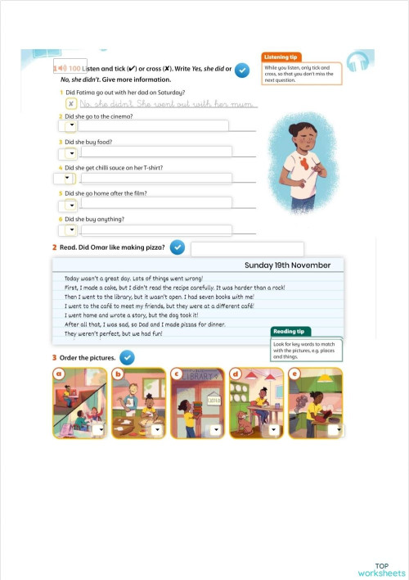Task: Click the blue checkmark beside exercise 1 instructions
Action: pyautogui.click(x=242, y=71)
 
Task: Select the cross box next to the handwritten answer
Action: pyautogui.click(x=71, y=103)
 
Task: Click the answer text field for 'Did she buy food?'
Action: pyautogui.click(x=155, y=152)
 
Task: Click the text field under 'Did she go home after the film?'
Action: pyautogui.click(x=155, y=202)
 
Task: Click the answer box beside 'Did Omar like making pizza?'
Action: pyautogui.click(x=247, y=247)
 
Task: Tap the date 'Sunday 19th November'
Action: pyautogui.click(x=287, y=265)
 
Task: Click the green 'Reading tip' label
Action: pyautogui.click(x=290, y=332)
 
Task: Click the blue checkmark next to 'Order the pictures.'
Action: pyautogui.click(x=127, y=357)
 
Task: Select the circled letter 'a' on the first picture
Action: pyautogui.click(x=60, y=375)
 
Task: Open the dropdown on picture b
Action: pyautogui.click(x=157, y=429)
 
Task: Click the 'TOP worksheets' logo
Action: pyautogui.click(x=381, y=569)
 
